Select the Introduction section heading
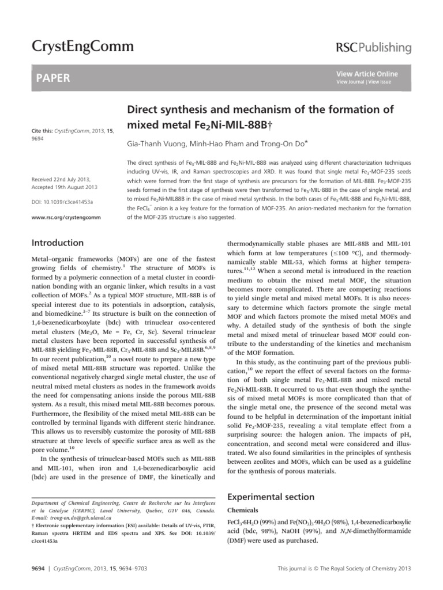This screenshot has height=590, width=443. coord(58,243)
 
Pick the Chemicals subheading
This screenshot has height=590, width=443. coord(246,510)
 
